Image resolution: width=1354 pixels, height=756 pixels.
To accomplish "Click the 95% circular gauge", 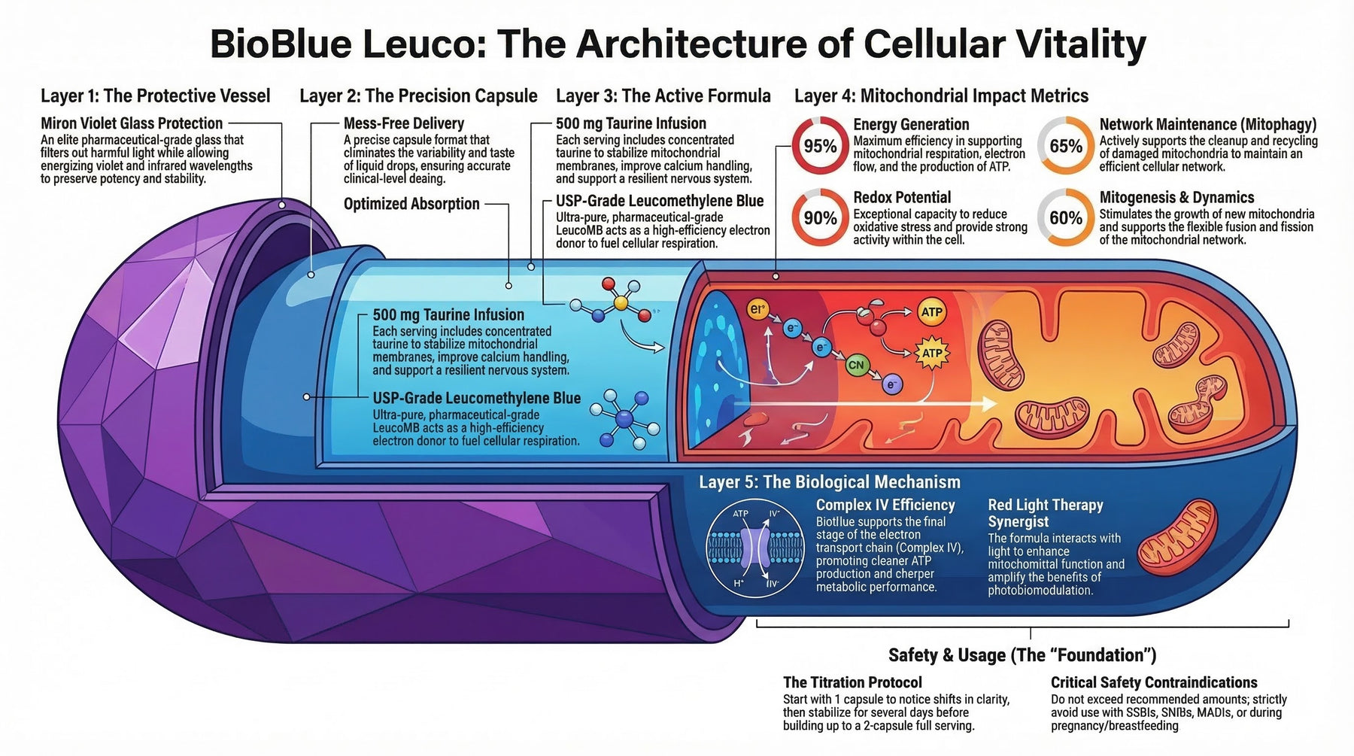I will coord(819,146).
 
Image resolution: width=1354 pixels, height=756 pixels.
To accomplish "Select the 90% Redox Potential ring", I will coord(819,218).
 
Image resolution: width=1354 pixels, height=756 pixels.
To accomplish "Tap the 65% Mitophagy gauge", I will coord(1065,146).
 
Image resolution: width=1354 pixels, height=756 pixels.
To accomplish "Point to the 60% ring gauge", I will coord(1065,218).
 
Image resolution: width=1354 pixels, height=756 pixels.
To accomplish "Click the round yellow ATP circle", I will coord(931,312).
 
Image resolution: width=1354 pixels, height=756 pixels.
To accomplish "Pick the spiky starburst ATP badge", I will coord(931,353).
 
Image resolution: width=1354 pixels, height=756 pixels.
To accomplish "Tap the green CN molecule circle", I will coord(856,366).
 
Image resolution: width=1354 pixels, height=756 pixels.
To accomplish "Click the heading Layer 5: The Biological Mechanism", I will coord(829,482).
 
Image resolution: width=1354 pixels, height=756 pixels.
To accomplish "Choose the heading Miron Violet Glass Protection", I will coord(132,123).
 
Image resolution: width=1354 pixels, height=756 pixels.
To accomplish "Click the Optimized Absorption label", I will coord(411,204).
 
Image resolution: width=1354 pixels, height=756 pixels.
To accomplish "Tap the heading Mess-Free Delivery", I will coord(404,123).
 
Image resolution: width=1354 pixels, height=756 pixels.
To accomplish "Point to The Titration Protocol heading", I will coord(852,682).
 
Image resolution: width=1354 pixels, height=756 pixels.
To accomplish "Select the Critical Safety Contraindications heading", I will coord(1154,682).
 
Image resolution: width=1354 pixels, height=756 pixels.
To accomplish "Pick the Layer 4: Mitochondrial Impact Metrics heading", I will coord(941,96).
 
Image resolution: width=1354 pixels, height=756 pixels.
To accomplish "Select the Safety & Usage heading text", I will coord(1022,654).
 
